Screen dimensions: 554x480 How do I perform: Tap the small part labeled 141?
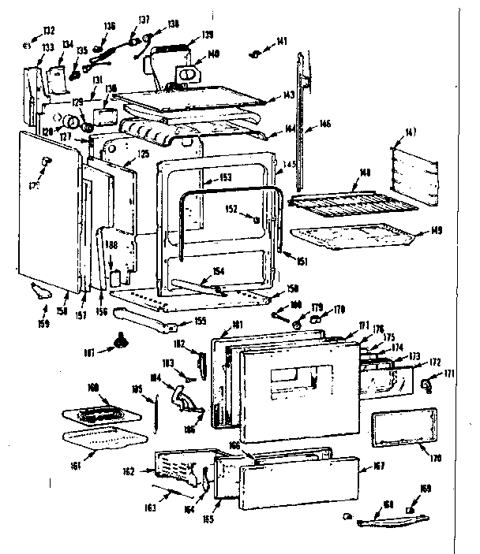257,53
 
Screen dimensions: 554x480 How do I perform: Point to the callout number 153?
225,177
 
